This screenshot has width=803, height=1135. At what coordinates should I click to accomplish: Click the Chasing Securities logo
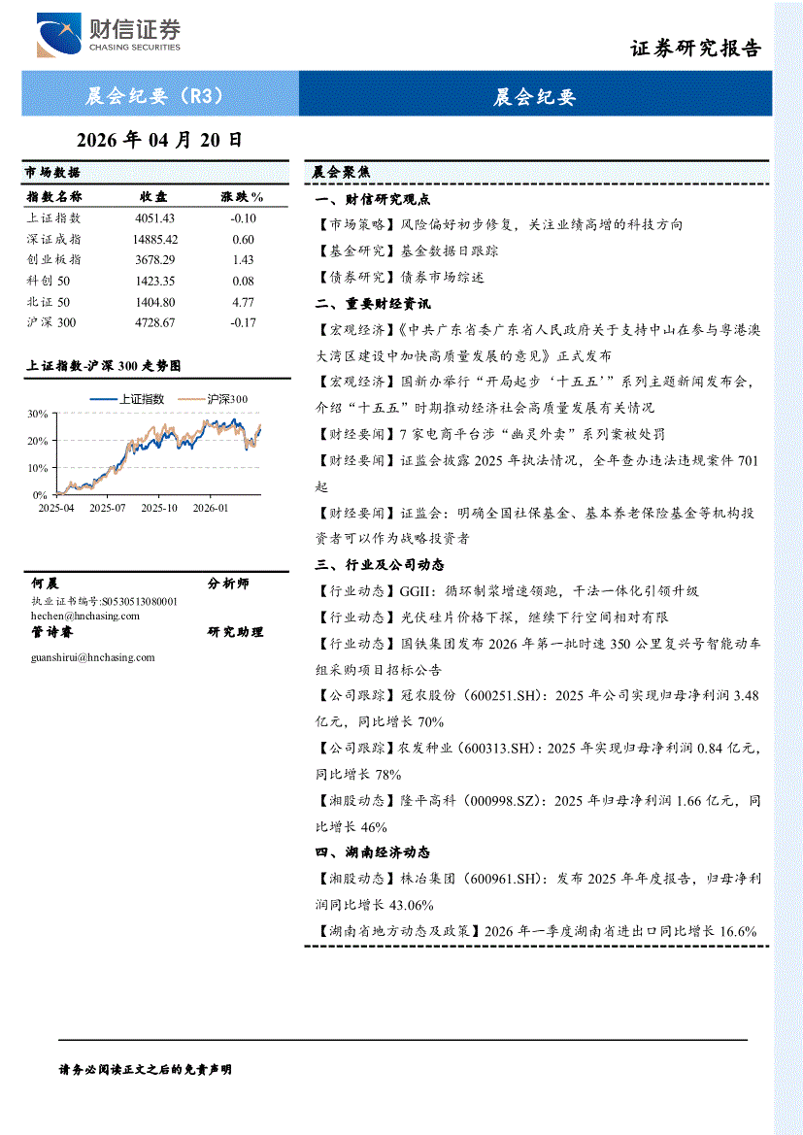click(108, 36)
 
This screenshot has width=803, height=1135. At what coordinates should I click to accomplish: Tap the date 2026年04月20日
click(159, 140)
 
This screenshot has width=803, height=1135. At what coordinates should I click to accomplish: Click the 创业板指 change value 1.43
click(243, 260)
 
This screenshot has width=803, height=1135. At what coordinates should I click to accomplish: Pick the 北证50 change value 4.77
click(243, 302)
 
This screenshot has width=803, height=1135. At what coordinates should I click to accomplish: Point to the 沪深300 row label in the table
click(51, 322)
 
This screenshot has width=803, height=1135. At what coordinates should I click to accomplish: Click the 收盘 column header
click(153, 197)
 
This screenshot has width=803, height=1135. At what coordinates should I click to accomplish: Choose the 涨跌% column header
click(243, 197)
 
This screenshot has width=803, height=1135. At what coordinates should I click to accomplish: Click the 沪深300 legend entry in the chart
click(227, 399)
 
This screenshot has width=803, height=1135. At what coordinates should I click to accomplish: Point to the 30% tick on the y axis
click(38, 414)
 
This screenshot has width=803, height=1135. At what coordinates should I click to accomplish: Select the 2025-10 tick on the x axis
click(159, 507)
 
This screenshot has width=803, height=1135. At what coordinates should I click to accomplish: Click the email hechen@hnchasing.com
click(80, 616)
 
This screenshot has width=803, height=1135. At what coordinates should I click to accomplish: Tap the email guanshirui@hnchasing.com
click(93, 657)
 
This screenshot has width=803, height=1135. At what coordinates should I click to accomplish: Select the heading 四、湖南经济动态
click(372, 852)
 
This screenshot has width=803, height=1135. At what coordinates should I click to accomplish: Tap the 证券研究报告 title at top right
click(696, 49)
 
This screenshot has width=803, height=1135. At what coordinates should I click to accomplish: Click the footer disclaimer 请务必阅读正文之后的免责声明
click(147, 1069)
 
